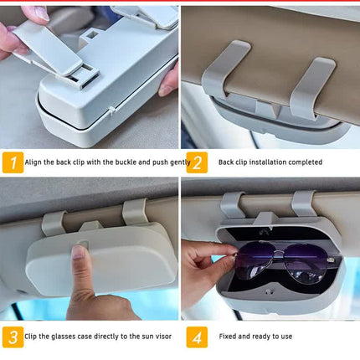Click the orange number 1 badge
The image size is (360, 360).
click(x=13, y=162)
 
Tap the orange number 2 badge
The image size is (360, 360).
click(x=197, y=162)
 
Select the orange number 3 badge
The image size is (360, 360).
click(x=13, y=337)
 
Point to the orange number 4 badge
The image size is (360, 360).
click(x=197, y=337)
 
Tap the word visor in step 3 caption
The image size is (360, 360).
click(x=162, y=337)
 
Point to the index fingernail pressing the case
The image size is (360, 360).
click(x=79, y=251)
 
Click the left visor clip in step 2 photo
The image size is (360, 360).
click(x=224, y=70)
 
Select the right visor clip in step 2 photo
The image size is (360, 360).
click(x=311, y=86)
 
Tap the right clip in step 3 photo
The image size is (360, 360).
click(x=135, y=212)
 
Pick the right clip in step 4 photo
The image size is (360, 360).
click(x=303, y=204)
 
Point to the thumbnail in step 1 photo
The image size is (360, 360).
click(x=41, y=13)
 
